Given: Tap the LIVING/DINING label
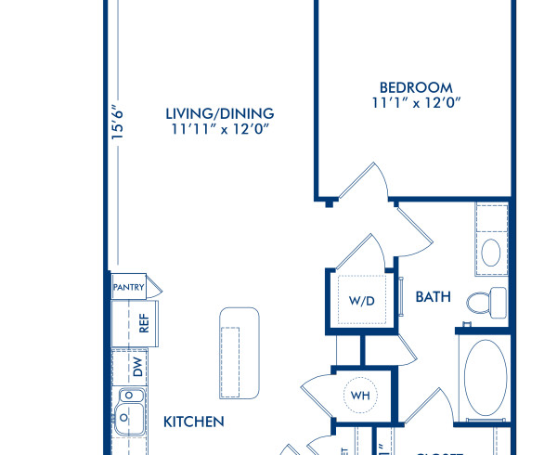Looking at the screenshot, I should (219, 113).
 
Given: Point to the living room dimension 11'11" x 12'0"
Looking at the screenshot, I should (219, 131).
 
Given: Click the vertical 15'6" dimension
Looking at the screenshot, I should (118, 124).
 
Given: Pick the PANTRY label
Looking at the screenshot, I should (128, 288).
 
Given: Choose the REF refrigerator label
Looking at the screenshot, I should (144, 323).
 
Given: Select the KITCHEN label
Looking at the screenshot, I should (194, 422).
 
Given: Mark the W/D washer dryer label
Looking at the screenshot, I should (361, 300).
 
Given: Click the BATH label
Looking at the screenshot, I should (433, 297).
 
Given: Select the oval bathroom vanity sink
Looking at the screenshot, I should (492, 252).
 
